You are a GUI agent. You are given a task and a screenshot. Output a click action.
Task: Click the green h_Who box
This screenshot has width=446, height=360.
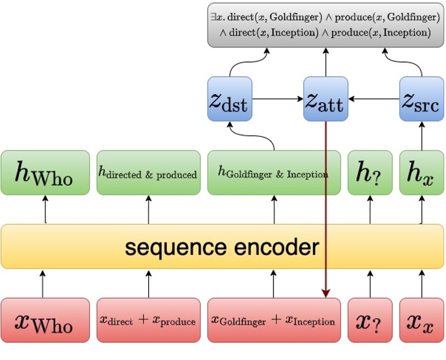tap(45, 172)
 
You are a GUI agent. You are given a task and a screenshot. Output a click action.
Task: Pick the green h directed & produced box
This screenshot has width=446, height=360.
tap(148, 172)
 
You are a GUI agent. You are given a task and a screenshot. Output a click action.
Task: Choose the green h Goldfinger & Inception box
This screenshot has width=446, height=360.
tap(274, 172)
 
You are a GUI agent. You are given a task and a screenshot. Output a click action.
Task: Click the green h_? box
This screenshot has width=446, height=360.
tap(370, 172)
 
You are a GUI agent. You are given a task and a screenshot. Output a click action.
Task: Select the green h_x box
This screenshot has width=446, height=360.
tap(422, 172)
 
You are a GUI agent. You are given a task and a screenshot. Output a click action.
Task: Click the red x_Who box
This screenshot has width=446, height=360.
tap(45, 320)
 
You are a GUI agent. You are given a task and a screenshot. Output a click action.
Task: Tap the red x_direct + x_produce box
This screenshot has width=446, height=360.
tap(148, 320)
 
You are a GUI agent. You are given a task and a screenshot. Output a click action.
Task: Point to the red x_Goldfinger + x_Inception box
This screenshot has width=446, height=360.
tap(274, 320)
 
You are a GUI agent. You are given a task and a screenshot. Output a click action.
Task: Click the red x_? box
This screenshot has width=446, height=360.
tap(370, 320)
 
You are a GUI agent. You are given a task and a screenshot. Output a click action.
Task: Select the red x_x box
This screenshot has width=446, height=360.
tap(422, 320)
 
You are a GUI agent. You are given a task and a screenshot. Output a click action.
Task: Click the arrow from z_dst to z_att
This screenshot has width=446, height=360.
tap(278, 99)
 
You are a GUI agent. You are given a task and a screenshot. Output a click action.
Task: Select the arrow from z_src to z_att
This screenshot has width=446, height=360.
tap(373, 99)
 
